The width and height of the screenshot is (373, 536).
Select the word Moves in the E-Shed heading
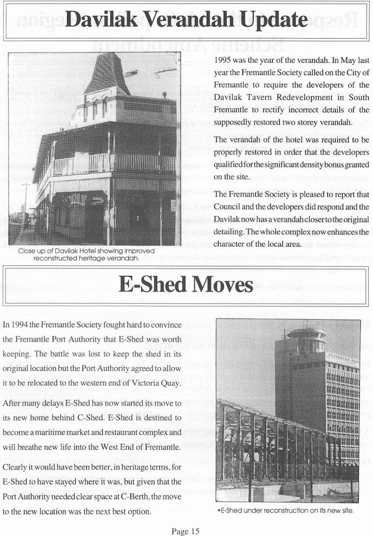tap(224, 285)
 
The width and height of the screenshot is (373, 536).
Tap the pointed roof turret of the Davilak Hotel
tap(107, 75)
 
